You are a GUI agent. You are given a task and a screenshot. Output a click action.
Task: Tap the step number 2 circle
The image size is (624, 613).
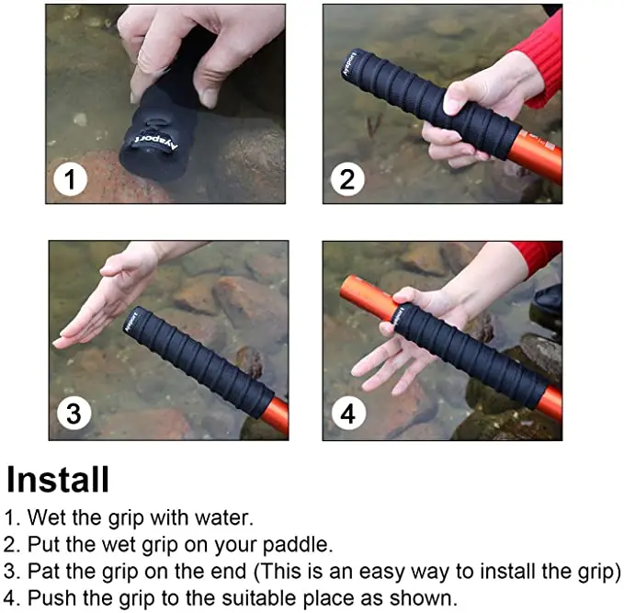pos(346,179)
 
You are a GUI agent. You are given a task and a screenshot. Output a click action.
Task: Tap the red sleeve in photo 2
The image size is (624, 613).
pos(542,55)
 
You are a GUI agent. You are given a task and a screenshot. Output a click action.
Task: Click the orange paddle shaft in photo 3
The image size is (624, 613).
pos(274,414)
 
